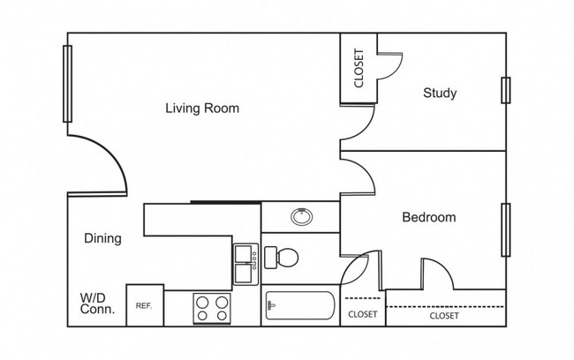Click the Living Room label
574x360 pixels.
(202, 109)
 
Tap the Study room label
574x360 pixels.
(439, 93)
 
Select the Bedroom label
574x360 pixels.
(428, 217)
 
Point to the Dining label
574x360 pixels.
(102, 238)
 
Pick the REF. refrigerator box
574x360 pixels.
(144, 305)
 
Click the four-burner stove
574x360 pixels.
(213, 308)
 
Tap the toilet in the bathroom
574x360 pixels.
(282, 258)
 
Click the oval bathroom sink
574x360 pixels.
(301, 215)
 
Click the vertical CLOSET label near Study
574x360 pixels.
(359, 69)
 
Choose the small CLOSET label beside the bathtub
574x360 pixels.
(362, 314)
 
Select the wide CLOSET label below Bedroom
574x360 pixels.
(443, 315)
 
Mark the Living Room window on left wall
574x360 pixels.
(67, 83)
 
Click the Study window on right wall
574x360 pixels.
(505, 90)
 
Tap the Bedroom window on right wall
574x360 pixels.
(505, 229)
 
